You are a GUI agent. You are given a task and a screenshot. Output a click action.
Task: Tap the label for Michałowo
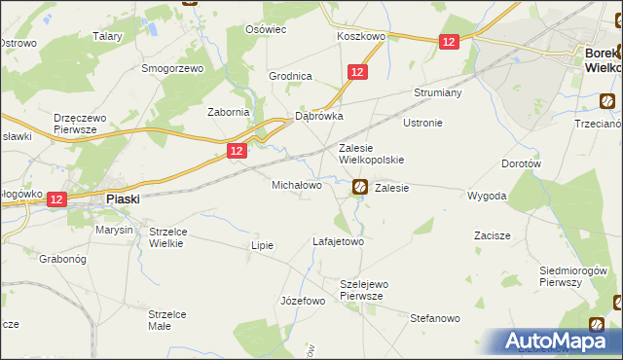pyautogui.click(x=296, y=184)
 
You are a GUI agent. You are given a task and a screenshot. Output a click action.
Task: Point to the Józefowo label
pyautogui.click(x=302, y=301)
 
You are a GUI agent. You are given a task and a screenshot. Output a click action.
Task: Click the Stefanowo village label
pyautogui.click(x=434, y=318)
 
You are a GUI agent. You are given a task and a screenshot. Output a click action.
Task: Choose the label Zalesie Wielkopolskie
pyautogui.click(x=370, y=154)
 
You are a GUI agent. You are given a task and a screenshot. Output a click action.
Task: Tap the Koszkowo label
pyautogui.click(x=361, y=35)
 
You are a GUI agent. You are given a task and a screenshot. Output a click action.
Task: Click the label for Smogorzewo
pyautogui.click(x=172, y=69)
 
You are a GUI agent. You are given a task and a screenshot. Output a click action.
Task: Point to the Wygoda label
pyautogui.click(x=487, y=196)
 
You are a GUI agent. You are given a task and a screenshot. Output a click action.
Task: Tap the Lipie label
pyautogui.click(x=263, y=245)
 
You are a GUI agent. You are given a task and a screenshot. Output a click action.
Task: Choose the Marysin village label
pyautogui.click(x=114, y=231)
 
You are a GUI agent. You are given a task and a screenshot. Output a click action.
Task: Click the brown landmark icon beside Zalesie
pyautogui.click(x=359, y=186)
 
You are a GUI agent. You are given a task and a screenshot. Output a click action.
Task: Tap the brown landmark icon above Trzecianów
pyautogui.click(x=607, y=100)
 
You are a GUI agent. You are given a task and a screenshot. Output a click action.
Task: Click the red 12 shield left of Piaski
pyautogui.click(x=55, y=199)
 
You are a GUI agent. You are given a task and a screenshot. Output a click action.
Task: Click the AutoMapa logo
pyautogui.click(x=558, y=342)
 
